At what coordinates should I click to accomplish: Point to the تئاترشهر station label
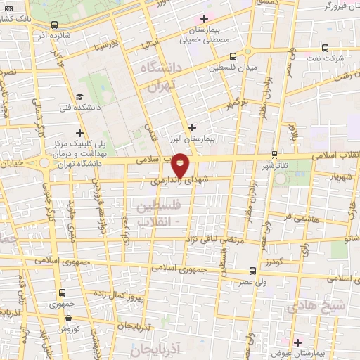[276, 166]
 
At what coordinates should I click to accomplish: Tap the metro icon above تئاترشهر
[274, 155]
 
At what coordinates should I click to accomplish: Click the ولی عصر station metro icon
[253, 270]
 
